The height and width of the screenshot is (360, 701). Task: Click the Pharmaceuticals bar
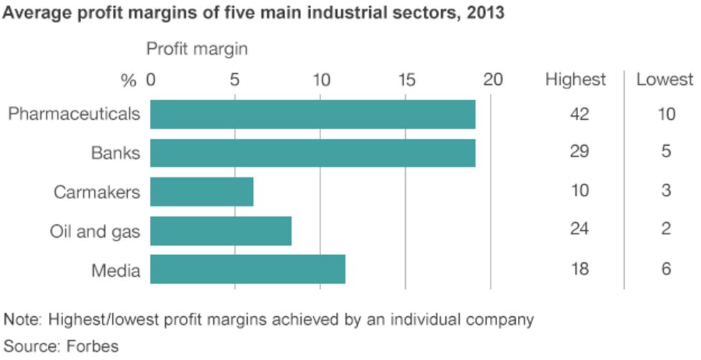click(312, 114)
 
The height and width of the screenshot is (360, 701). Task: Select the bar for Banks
click(312, 153)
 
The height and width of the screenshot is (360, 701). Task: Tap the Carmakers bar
click(202, 192)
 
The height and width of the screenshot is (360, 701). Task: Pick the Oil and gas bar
click(220, 231)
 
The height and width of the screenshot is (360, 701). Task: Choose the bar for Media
click(248, 269)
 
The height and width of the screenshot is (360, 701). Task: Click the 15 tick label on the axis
click(407, 80)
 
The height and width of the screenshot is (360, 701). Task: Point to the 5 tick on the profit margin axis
click(235, 80)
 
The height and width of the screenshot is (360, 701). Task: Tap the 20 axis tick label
click(492, 80)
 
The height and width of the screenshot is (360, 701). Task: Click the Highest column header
click(575, 79)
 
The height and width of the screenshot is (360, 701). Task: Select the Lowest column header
click(664, 79)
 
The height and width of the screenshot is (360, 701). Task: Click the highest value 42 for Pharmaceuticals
click(579, 114)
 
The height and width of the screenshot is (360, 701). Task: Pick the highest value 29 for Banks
click(579, 152)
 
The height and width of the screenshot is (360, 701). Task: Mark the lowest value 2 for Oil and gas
click(666, 229)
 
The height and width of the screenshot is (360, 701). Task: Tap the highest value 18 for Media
click(579, 269)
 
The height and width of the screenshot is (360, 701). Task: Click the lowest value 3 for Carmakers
click(666, 191)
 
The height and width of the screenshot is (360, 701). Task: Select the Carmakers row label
click(97, 192)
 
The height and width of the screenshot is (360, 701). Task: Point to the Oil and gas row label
click(95, 231)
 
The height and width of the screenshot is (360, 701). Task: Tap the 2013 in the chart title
click(486, 14)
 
